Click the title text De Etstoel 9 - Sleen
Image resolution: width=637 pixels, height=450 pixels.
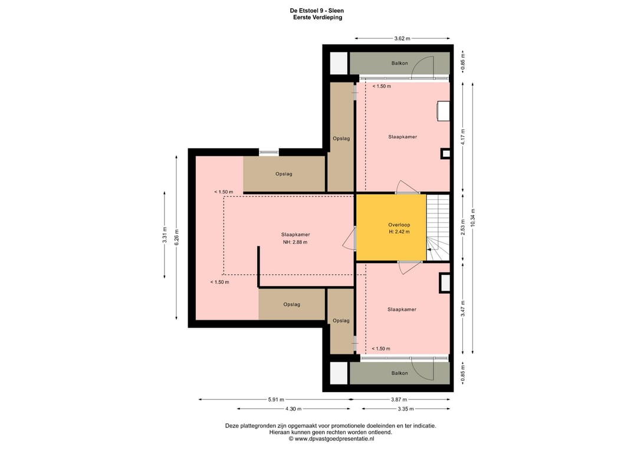pos(317,11)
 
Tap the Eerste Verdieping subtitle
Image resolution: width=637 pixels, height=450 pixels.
pos(317,18)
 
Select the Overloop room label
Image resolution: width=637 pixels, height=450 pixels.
pos(399,225)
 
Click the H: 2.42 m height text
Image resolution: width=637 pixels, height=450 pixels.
pos(399,232)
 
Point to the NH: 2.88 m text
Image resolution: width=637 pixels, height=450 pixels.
pos(295,242)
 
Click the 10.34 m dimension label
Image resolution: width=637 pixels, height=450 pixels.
pos(472,218)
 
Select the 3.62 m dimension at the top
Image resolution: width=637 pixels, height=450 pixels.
pos(402,38)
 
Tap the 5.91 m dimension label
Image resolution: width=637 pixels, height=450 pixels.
pos(276,400)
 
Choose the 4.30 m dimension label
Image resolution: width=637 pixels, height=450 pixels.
pos(293,409)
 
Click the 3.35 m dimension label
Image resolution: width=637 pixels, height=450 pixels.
pos(405,409)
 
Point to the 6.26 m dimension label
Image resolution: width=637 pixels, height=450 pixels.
pos(176,237)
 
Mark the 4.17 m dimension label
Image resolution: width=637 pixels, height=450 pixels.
pos(463,137)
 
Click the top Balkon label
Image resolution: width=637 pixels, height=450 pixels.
pos(399,63)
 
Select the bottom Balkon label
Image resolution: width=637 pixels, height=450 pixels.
pos(399,373)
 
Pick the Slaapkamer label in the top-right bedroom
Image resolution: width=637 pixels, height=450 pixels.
pos(403,137)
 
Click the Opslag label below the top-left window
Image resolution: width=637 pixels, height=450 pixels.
pos(284,174)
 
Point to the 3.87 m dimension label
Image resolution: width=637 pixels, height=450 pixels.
pos(399,400)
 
